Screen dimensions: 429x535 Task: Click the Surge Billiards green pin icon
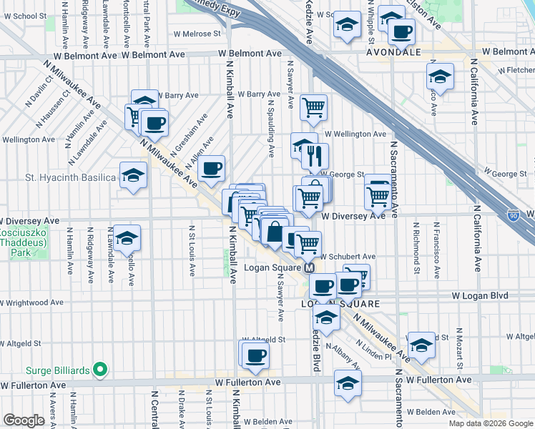pyautogui.click(x=100, y=370)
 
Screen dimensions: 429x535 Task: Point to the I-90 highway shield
pyautogui.click(x=514, y=214)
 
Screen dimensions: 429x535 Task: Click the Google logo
pyautogui.click(x=24, y=420)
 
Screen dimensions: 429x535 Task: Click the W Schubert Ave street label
pyautogui.click(x=348, y=256)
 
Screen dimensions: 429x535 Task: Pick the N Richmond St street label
pyautogui.click(x=417, y=247)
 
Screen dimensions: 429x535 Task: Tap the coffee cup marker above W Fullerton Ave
pyautogui.click(x=255, y=354)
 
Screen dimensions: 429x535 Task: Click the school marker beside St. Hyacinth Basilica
pyautogui.click(x=133, y=174)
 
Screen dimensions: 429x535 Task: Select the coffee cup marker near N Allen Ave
pyautogui.click(x=211, y=169)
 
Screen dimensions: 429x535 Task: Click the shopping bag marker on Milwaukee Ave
pyautogui.click(x=275, y=232)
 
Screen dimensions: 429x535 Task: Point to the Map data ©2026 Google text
pyautogui.click(x=490, y=423)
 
